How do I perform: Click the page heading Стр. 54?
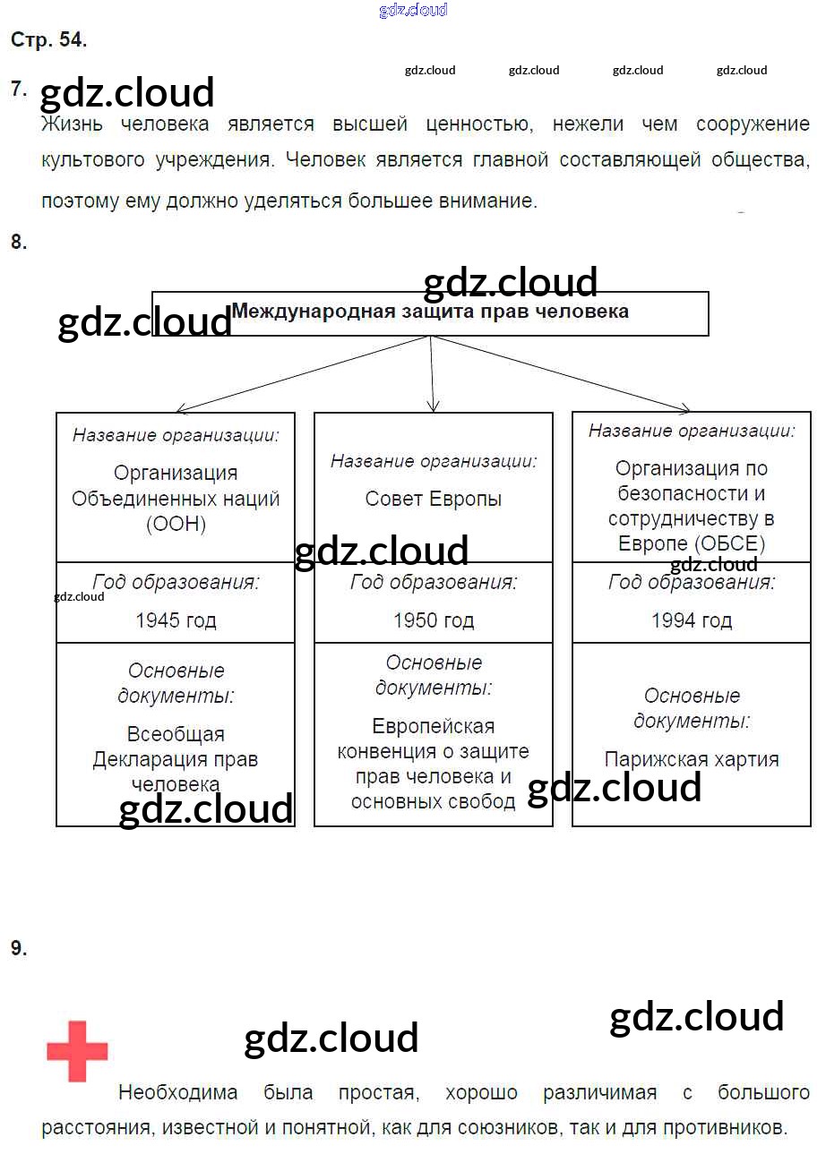pyautogui.click(x=48, y=39)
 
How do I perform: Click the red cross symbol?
pyautogui.click(x=77, y=1051)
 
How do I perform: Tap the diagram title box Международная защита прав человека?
pyautogui.click(x=430, y=312)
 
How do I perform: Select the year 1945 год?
pyautogui.click(x=176, y=620)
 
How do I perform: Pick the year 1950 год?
pyautogui.click(x=434, y=620)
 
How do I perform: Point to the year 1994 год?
pyautogui.click(x=692, y=620)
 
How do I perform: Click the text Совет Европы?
pyautogui.click(x=434, y=499)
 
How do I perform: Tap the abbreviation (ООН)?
pyautogui.click(x=176, y=525)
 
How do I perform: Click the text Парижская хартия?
pyautogui.click(x=692, y=759)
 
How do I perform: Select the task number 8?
pyautogui.click(x=19, y=242)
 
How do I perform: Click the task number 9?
pyautogui.click(x=19, y=949)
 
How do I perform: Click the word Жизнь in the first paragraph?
pyautogui.click(x=72, y=124)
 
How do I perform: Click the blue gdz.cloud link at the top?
pyautogui.click(x=413, y=11)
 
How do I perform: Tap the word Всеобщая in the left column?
pyautogui.click(x=176, y=734)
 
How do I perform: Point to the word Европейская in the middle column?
pyautogui.click(x=434, y=726)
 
